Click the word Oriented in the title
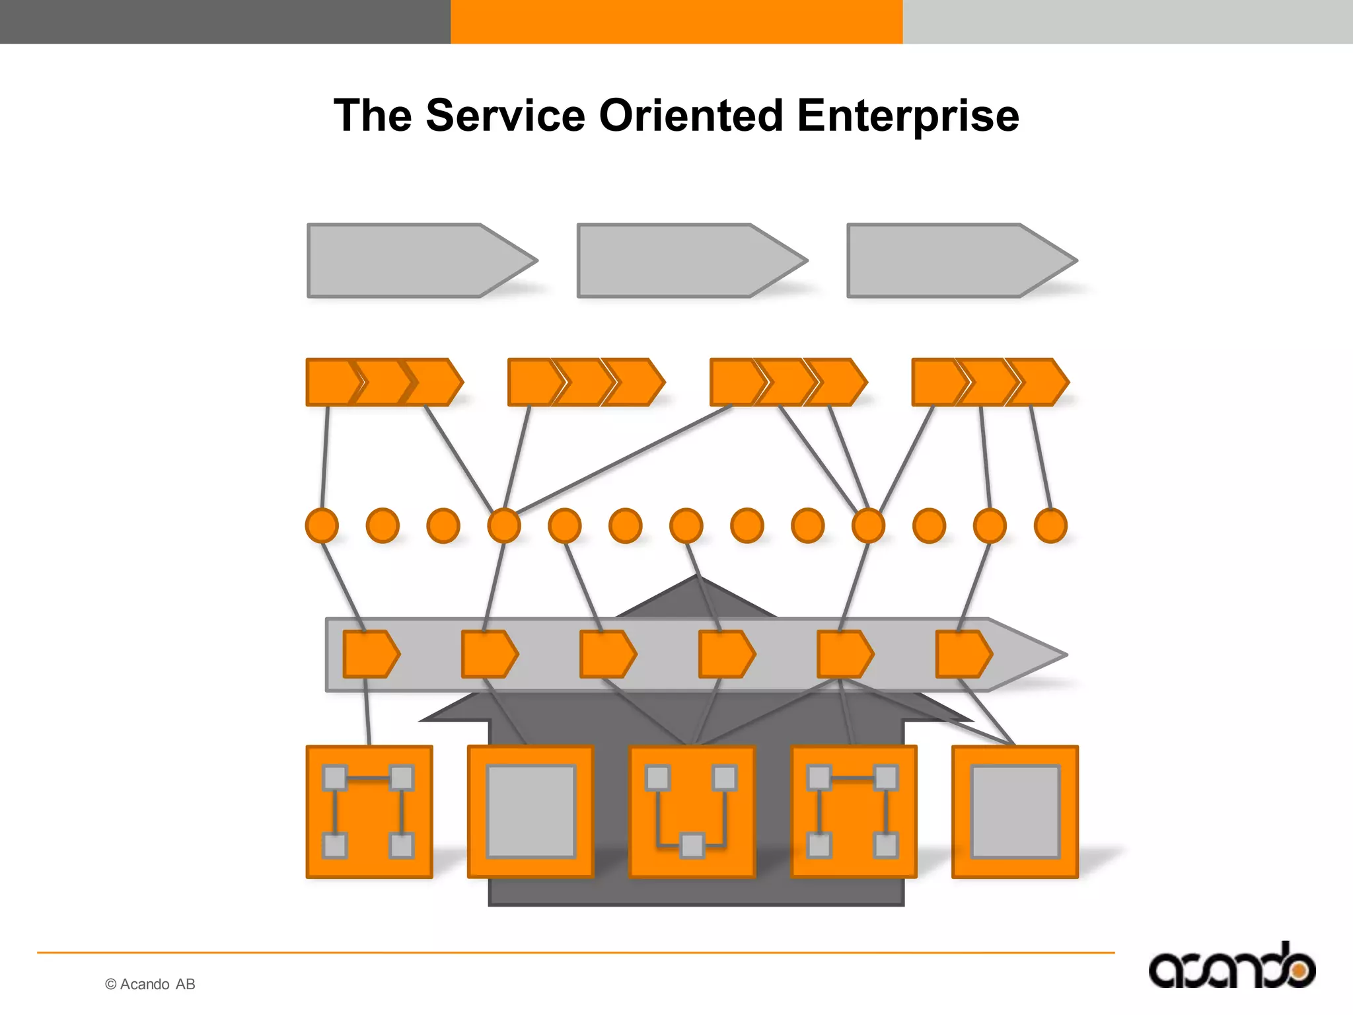(x=690, y=116)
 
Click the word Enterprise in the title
(x=908, y=116)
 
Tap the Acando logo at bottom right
(x=1232, y=966)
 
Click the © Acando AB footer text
(x=150, y=984)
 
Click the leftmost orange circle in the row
(x=322, y=526)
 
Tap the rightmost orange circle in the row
(x=1050, y=526)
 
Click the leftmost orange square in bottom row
(x=369, y=812)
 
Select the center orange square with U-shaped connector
(x=692, y=812)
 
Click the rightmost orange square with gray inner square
(x=1015, y=812)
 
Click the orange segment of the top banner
(x=676, y=21)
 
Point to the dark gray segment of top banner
(x=225, y=21)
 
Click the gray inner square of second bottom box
(x=530, y=811)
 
